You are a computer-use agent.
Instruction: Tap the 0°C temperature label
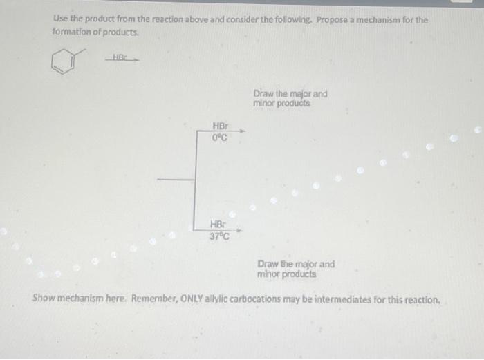click(220, 137)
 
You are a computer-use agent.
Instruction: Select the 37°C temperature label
click(220, 235)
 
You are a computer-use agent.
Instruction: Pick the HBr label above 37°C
click(218, 225)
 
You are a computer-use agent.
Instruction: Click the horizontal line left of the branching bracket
click(176, 180)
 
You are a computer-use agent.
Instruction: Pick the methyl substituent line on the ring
click(80, 53)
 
